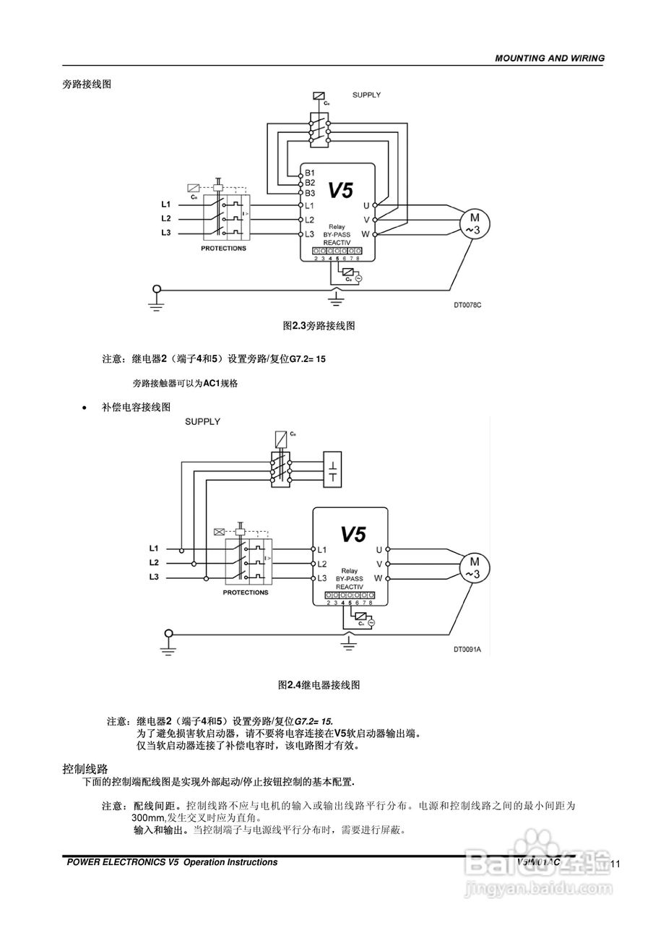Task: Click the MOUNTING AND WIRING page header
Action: point(549,59)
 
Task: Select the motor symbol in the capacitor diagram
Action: point(475,567)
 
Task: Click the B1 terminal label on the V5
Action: point(309,173)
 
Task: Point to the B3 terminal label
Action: point(309,194)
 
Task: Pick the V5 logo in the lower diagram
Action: point(353,534)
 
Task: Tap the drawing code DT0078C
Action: point(467,305)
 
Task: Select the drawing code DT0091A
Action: point(467,650)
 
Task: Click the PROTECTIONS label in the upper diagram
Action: point(223,249)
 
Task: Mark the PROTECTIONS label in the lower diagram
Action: point(245,593)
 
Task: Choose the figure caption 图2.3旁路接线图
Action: point(319,326)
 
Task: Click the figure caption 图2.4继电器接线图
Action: point(319,684)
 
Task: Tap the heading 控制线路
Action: point(85,767)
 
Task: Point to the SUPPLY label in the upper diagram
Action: point(366,95)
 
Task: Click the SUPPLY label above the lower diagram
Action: point(202,421)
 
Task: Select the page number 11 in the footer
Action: point(615,864)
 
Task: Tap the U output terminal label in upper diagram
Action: point(366,206)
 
